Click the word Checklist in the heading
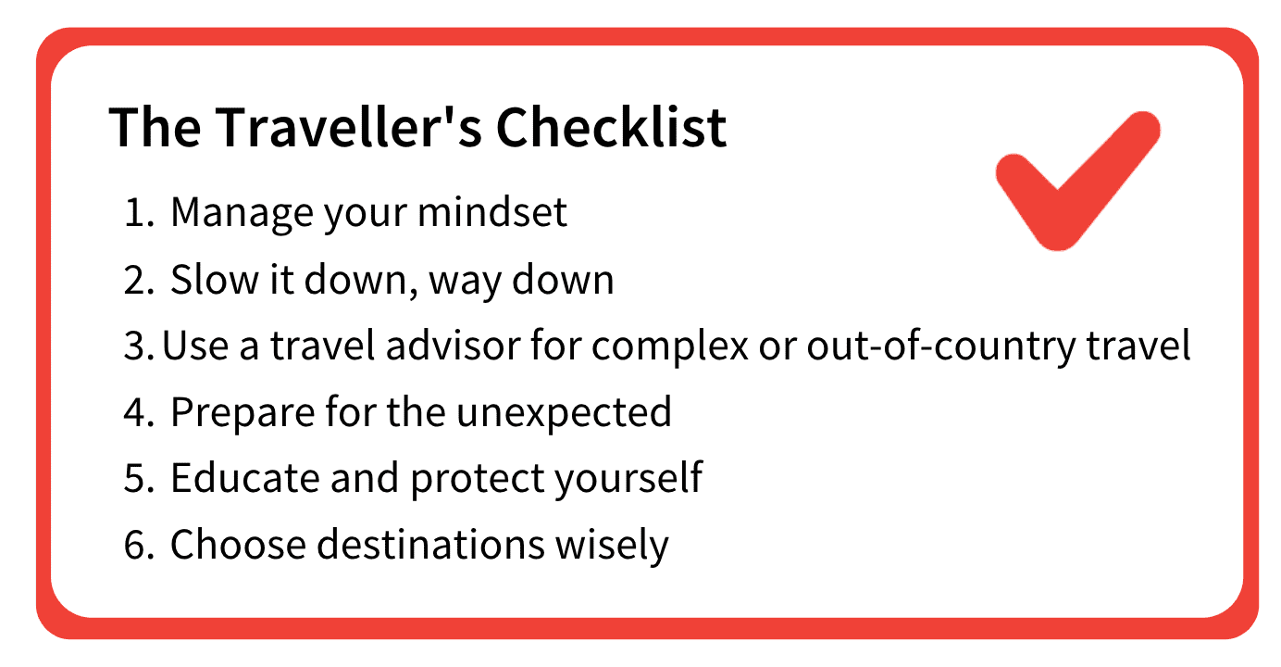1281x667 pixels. (611, 127)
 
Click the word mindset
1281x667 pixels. (492, 212)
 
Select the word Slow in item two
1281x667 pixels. (215, 280)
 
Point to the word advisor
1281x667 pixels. (452, 346)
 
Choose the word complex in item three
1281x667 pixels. (670, 348)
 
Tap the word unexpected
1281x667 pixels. (564, 413)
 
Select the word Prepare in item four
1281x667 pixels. (243, 414)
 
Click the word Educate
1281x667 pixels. (244, 478)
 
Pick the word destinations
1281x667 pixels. (430, 544)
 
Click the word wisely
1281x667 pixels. (612, 547)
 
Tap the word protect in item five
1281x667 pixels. (478, 481)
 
